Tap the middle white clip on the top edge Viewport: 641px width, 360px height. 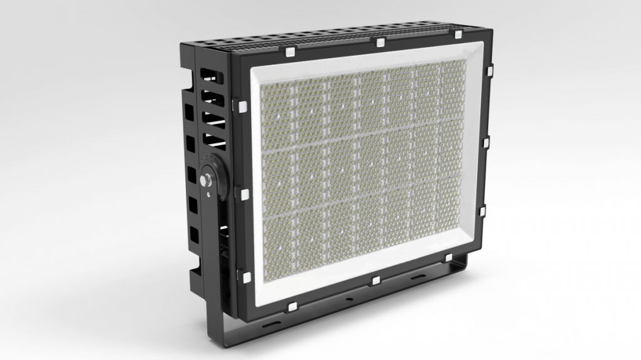point(380,43)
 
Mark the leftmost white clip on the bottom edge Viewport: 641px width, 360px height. point(292,306)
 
